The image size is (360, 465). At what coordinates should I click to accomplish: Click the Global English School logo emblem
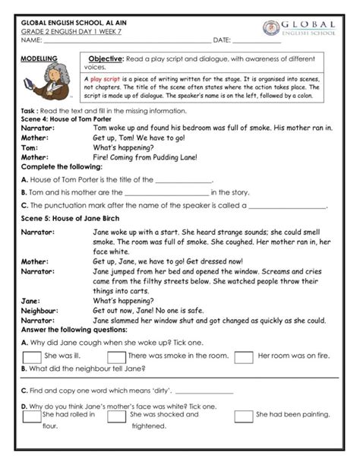click(x=271, y=28)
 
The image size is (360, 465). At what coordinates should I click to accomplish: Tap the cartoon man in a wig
click(x=53, y=81)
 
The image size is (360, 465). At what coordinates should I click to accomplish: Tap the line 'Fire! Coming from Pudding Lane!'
click(x=145, y=157)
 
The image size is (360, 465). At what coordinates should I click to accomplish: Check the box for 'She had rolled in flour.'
click(x=32, y=416)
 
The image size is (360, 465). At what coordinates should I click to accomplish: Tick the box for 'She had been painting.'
click(x=244, y=416)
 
